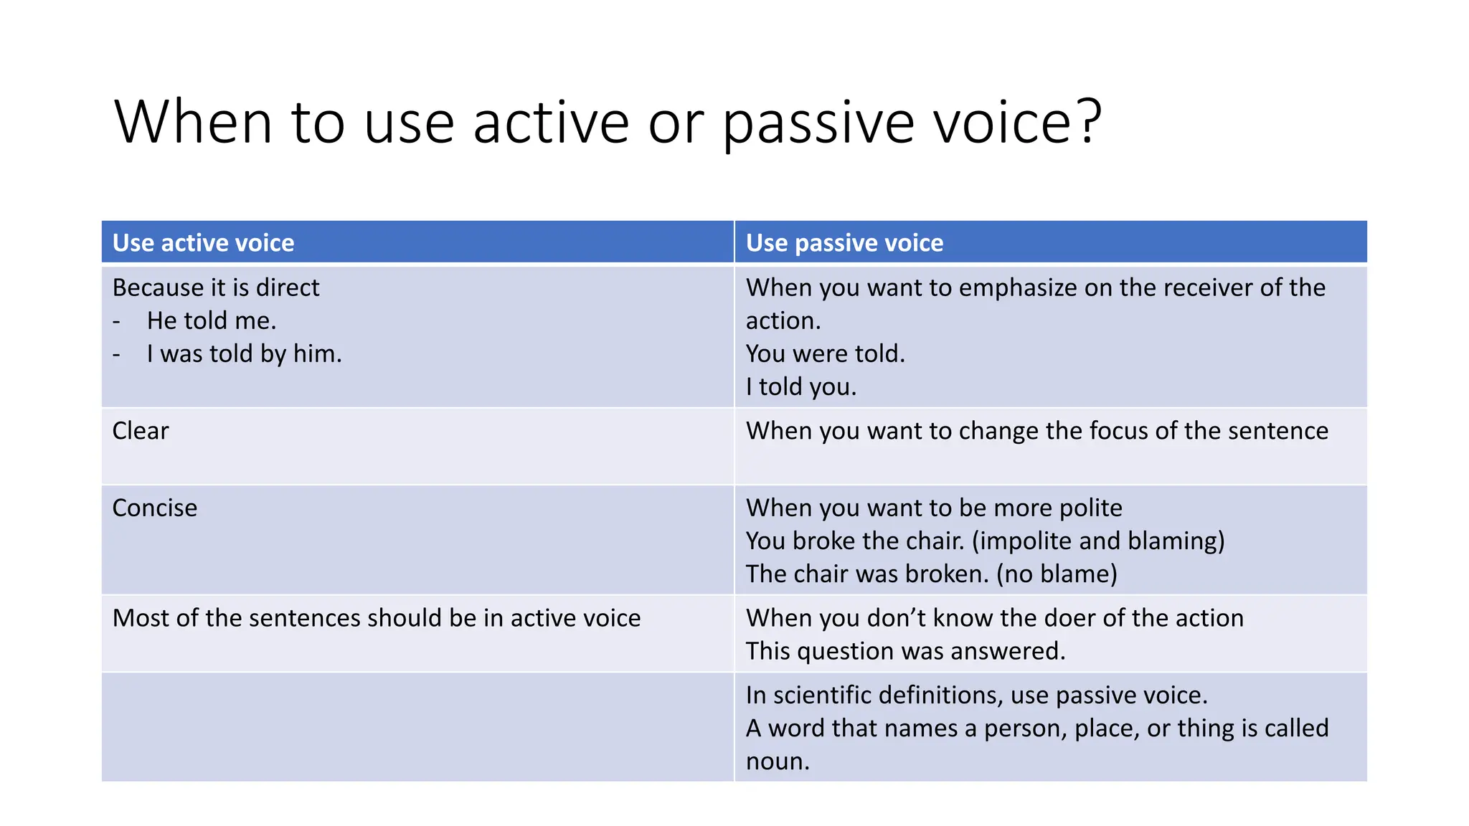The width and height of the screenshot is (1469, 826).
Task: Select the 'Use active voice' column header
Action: point(203,243)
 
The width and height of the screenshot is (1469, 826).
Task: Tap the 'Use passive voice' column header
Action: point(844,243)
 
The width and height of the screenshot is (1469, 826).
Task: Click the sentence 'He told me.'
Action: point(212,321)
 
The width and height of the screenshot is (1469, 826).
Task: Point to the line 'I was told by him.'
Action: point(244,353)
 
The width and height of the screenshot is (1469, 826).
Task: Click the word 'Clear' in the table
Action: point(141,431)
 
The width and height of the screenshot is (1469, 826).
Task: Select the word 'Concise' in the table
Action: point(154,508)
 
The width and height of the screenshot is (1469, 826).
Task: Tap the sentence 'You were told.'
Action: point(825,353)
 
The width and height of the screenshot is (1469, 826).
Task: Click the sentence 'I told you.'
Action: point(800,387)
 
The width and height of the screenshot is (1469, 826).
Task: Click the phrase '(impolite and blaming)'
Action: point(1098,541)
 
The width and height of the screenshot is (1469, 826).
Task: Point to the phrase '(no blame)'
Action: point(1057,574)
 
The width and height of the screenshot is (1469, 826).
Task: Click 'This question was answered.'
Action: point(905,651)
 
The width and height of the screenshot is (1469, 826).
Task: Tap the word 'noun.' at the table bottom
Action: point(778,761)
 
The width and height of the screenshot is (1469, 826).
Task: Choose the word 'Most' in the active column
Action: point(141,618)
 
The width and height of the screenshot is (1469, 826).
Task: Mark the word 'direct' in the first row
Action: point(287,288)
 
